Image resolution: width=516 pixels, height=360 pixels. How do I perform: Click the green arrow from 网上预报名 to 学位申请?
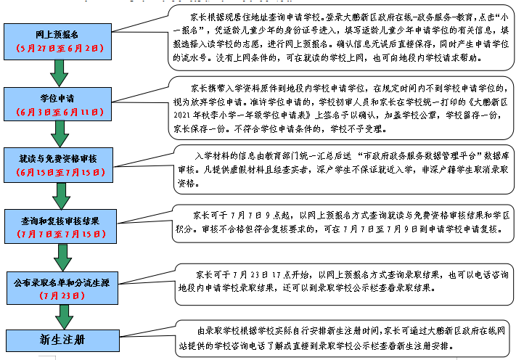pos(56,73)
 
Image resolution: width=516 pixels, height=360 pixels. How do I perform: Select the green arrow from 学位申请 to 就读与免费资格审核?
pos(57,134)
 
